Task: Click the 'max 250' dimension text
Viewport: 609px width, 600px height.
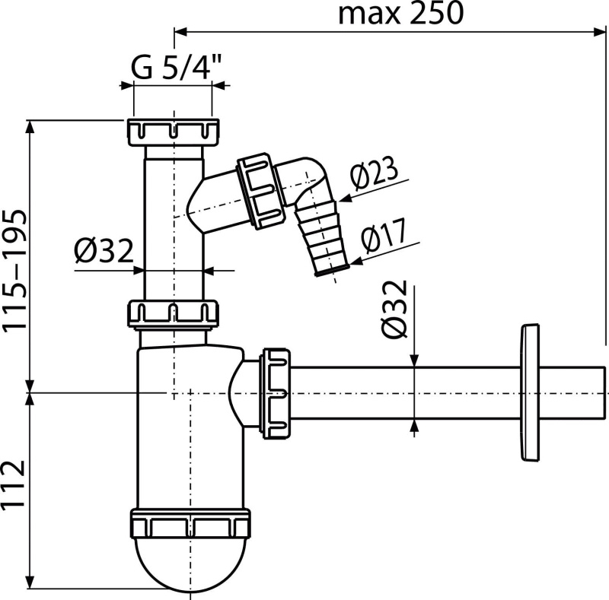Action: tap(401, 14)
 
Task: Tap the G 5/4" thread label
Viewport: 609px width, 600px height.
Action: tap(176, 66)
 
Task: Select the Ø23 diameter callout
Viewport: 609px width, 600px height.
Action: tap(374, 171)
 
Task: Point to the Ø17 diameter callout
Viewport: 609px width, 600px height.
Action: tap(384, 235)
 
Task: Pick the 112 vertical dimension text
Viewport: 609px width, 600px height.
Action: tap(14, 484)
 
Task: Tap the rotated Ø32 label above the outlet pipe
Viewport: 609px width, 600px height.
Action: tap(394, 309)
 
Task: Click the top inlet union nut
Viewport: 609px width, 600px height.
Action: tap(173, 132)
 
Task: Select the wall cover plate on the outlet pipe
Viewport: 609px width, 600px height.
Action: tap(530, 392)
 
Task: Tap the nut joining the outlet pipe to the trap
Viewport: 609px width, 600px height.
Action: tap(276, 393)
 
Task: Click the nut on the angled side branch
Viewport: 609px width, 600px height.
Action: tap(260, 192)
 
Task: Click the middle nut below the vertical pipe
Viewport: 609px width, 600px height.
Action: tap(173, 313)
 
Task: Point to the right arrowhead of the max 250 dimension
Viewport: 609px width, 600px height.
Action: tap(599, 33)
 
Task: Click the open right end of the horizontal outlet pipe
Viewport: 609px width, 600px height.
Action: tap(604, 392)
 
